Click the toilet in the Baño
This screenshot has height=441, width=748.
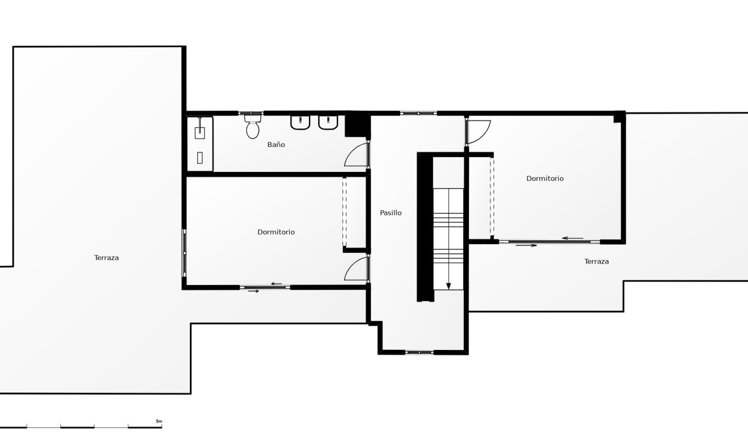253,128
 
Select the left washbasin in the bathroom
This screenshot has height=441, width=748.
300,122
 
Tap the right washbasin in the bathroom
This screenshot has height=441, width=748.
328,122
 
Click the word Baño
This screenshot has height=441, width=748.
276,145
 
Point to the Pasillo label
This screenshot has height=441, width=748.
390,213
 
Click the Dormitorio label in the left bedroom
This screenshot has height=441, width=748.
276,232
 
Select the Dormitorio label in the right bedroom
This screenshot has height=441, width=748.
545,179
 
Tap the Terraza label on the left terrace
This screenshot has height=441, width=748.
106,258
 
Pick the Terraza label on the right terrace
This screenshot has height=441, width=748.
596,262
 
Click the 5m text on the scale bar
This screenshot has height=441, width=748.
159,421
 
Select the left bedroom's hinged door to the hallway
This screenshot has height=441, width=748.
356,270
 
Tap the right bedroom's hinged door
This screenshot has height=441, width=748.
478,132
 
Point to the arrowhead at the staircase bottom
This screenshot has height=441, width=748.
449,286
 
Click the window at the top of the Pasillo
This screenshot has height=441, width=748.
418,114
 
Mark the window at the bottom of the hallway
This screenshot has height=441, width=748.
419,352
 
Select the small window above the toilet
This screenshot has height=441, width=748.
251,114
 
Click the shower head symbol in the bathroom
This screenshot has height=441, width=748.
200,132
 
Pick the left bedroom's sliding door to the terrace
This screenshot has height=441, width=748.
264,287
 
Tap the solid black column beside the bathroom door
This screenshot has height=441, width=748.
356,124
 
